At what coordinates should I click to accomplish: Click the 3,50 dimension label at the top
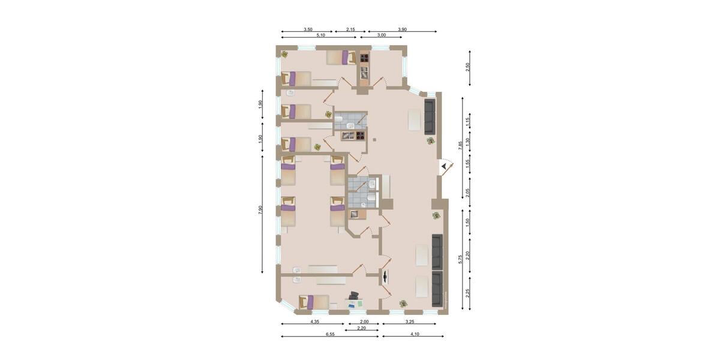point(307,29)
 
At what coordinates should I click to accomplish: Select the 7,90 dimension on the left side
point(260,209)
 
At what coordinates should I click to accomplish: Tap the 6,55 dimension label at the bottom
point(329,334)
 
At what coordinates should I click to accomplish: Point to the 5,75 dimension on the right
point(460,258)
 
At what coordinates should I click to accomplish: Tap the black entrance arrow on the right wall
point(444,166)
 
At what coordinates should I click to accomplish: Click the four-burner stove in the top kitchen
point(364,58)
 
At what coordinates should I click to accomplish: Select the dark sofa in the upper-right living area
point(430,117)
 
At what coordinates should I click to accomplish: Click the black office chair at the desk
point(354,295)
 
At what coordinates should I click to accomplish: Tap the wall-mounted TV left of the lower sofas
point(385,277)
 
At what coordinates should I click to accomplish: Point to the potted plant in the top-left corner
point(284,54)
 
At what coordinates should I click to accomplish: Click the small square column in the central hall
point(374,140)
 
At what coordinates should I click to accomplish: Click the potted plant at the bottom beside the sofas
point(403,304)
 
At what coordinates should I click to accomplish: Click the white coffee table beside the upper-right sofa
point(415,119)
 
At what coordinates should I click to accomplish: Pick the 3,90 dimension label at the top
point(402,29)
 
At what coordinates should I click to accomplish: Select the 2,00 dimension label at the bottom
point(364,322)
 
